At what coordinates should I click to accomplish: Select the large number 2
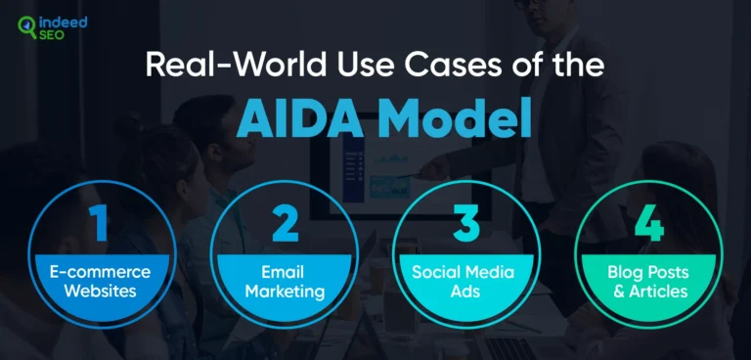tap(285, 223)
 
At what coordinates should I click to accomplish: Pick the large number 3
tap(466, 223)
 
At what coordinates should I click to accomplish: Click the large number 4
tap(647, 223)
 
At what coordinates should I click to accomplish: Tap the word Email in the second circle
tap(284, 271)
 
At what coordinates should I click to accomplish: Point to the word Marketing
tap(284, 290)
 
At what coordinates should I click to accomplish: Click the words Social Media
tap(465, 271)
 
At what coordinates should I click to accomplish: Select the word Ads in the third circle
tap(465, 290)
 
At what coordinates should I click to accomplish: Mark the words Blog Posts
tap(647, 271)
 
